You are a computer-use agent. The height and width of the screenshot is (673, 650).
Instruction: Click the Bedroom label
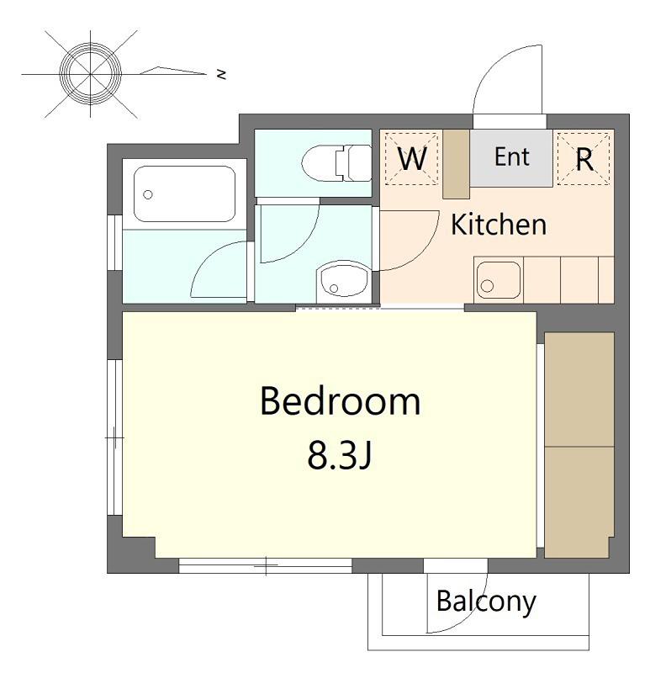tap(341, 401)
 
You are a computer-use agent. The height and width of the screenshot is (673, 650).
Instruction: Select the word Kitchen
tap(499, 225)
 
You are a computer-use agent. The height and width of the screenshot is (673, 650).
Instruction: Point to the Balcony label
tap(486, 602)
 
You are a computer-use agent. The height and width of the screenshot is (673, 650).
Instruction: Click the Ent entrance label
tap(512, 156)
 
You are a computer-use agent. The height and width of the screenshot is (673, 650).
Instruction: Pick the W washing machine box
tap(412, 159)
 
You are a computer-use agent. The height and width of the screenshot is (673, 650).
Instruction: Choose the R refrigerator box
tap(584, 159)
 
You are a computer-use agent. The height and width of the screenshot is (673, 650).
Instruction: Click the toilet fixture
tap(337, 162)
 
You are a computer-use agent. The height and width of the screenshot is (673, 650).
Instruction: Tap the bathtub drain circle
tap(148, 195)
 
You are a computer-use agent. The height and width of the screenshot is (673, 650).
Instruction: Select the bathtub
tap(184, 194)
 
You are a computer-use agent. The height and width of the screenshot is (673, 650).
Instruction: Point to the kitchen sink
tap(499, 280)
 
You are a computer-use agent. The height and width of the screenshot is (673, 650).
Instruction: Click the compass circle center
tap(91, 74)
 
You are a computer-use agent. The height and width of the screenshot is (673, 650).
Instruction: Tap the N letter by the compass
tap(221, 74)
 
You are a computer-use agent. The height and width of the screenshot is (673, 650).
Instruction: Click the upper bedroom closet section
tap(579, 389)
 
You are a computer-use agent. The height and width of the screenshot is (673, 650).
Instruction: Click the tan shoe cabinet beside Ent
tap(456, 164)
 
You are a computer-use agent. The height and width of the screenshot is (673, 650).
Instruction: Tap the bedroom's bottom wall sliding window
tap(265, 565)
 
